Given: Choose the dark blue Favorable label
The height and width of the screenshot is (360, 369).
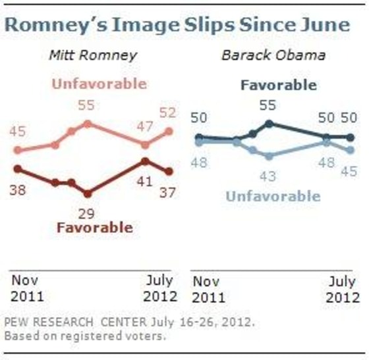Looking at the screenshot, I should coord(278,86).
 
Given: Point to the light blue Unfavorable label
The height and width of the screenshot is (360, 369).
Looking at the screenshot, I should coord(273,195).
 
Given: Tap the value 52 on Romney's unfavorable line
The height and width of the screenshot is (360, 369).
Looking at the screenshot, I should coord(168,113).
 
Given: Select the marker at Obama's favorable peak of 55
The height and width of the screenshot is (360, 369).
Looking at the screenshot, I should coord(269,123).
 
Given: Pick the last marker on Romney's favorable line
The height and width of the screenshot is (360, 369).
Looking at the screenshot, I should coord(169,172).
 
